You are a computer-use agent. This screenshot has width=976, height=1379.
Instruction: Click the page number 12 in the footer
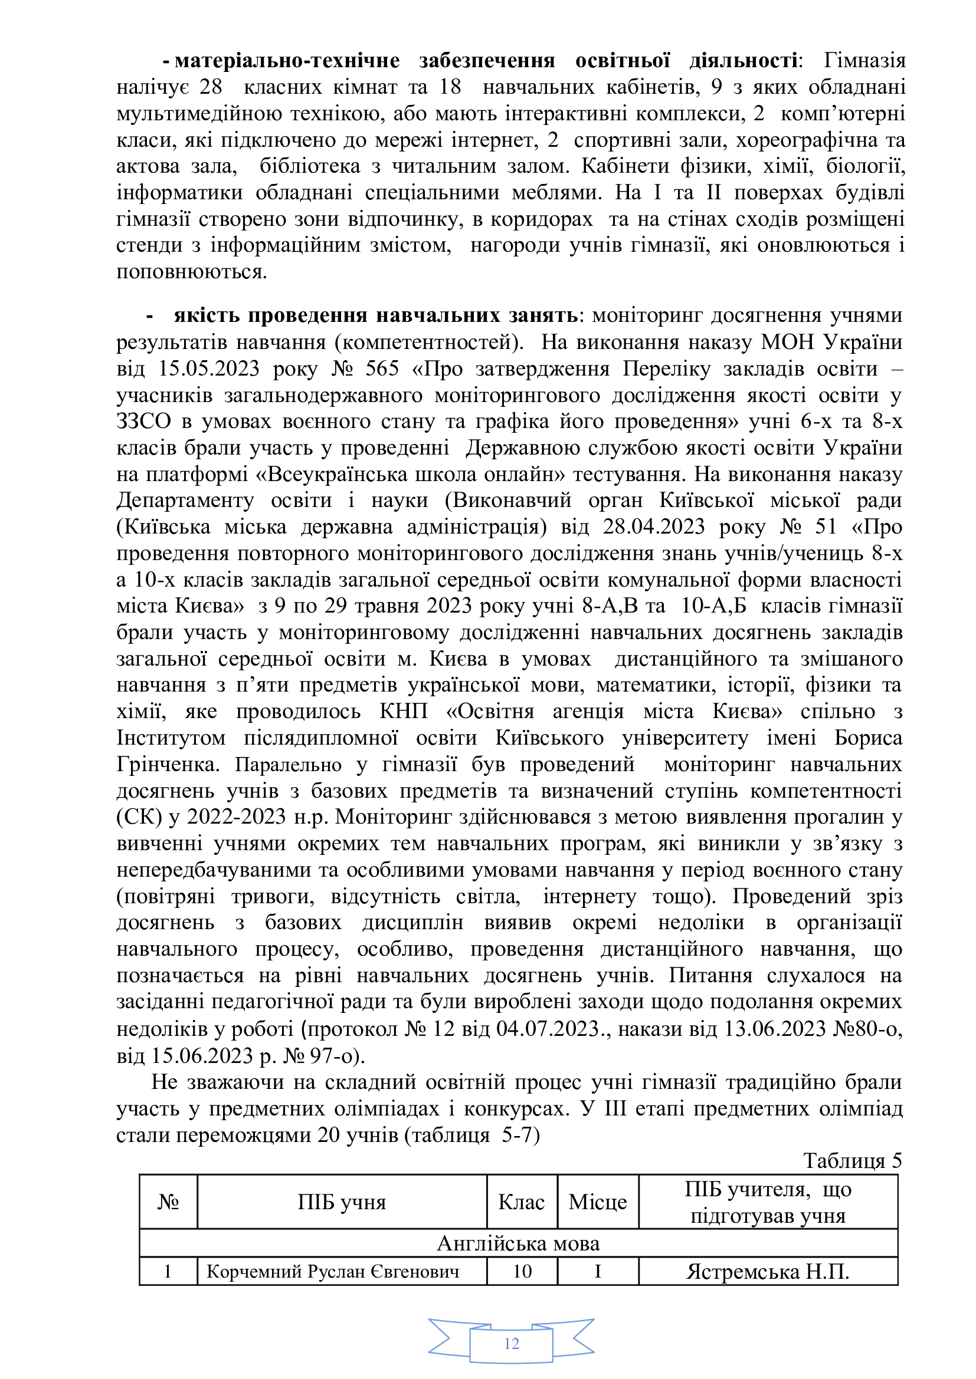coord(512,1344)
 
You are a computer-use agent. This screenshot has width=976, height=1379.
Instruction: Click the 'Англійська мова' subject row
coord(518,1243)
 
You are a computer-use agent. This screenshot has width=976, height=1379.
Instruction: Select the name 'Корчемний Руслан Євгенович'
coord(333,1272)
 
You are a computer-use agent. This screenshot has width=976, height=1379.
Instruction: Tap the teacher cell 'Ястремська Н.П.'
coord(768,1272)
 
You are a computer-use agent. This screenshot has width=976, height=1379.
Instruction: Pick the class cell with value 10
coord(522,1272)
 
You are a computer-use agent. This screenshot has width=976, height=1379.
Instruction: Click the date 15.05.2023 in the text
coord(208,368)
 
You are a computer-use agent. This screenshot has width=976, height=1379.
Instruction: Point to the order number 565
coord(382,368)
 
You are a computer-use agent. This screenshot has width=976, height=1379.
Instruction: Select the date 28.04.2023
coord(654,526)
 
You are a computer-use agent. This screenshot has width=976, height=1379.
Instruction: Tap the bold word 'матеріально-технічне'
coord(287,61)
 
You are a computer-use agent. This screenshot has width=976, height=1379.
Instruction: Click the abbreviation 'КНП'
coord(403,712)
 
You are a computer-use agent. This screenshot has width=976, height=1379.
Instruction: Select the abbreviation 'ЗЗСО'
coord(143,422)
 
